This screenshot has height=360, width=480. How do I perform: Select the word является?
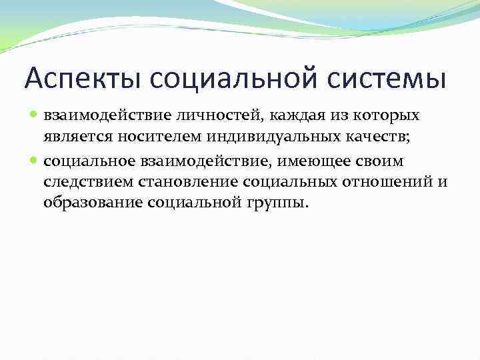(73, 138)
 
